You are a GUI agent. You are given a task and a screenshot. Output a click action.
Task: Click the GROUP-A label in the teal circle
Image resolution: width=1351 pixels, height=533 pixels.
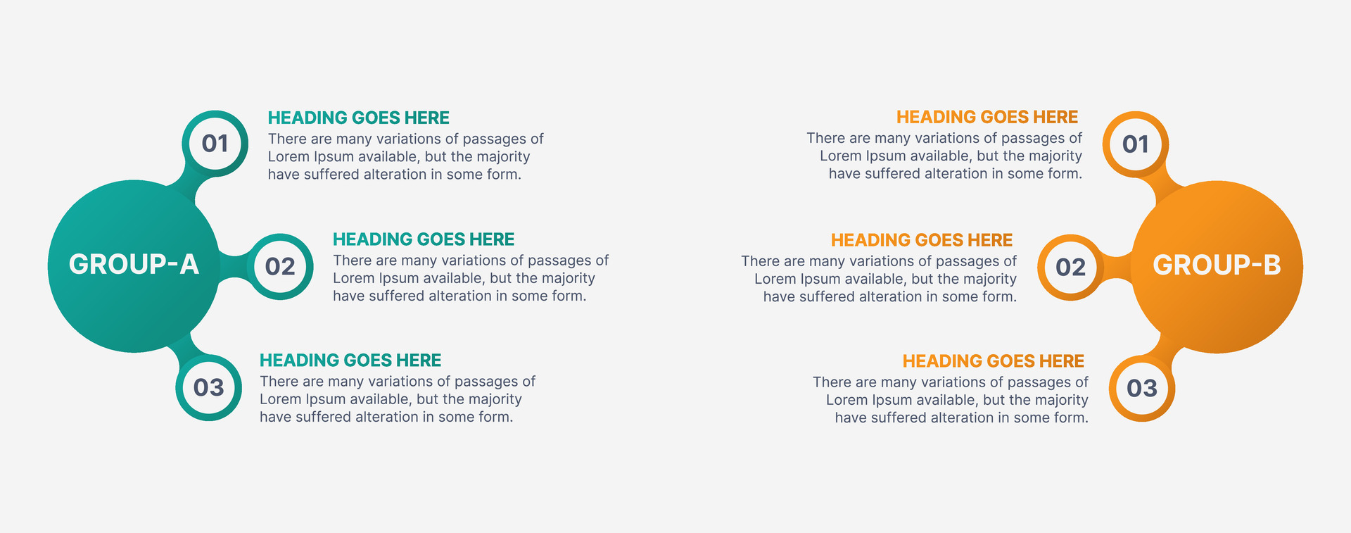pyautogui.click(x=134, y=265)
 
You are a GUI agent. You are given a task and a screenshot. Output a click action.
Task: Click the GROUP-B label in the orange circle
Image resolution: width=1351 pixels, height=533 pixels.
pyautogui.click(x=1217, y=265)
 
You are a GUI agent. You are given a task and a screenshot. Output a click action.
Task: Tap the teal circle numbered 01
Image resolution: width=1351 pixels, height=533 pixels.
pyautogui.click(x=215, y=144)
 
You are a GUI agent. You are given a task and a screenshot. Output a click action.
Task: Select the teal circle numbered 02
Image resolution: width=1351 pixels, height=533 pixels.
pyautogui.click(x=280, y=267)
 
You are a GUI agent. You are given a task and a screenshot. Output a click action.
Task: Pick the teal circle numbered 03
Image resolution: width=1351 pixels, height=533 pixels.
pyautogui.click(x=209, y=388)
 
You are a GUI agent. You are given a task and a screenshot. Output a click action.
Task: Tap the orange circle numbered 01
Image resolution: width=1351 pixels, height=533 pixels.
pyautogui.click(x=1136, y=144)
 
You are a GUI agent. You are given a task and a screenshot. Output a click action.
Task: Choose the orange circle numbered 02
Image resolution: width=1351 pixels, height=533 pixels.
pyautogui.click(x=1071, y=268)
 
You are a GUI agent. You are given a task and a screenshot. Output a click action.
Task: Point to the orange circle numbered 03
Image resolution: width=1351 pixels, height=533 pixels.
pyautogui.click(x=1142, y=389)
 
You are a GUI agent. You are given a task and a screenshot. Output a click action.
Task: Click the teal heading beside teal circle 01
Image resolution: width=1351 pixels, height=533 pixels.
pyautogui.click(x=359, y=118)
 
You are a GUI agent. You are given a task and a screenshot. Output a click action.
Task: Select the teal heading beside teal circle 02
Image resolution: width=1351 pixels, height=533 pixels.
pyautogui.click(x=424, y=239)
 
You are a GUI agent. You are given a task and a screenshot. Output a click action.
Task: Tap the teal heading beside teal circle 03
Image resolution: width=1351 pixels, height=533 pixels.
pyautogui.click(x=350, y=360)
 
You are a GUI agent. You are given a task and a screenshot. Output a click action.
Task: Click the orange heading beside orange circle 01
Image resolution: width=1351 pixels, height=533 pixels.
pyautogui.click(x=987, y=117)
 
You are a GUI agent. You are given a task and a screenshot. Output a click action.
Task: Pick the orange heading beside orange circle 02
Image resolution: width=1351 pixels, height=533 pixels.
pyautogui.click(x=922, y=240)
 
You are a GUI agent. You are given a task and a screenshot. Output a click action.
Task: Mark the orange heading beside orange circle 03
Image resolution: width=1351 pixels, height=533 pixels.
pyautogui.click(x=994, y=361)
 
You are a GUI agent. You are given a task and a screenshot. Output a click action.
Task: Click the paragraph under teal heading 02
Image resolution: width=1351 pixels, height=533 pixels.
pyautogui.click(x=471, y=278)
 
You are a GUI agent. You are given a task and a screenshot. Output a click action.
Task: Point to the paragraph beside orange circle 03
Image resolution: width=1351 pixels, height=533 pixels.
pyautogui.click(x=951, y=400)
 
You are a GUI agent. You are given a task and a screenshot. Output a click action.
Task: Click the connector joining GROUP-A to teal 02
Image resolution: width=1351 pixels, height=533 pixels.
pyautogui.click(x=232, y=267)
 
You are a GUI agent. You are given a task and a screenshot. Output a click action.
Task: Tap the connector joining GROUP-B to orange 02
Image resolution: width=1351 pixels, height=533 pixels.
pyautogui.click(x=1118, y=268)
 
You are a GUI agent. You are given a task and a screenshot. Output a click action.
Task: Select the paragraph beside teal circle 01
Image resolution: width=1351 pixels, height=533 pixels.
pyautogui.click(x=406, y=156)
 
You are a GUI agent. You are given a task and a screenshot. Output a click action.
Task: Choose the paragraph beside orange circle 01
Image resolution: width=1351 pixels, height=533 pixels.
pyautogui.click(x=944, y=156)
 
